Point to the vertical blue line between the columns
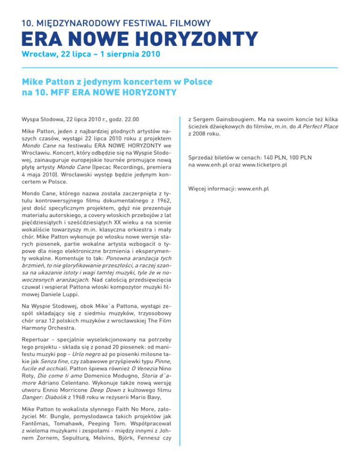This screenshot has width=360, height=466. (x=180, y=281)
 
